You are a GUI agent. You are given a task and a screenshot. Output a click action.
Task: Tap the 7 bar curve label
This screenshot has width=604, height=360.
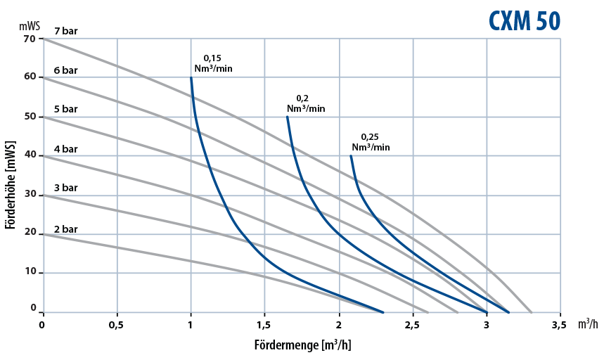(65, 31)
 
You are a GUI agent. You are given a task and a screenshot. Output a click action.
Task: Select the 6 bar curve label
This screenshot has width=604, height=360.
(65, 71)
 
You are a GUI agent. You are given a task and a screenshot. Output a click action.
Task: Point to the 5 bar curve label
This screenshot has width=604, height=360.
(65, 109)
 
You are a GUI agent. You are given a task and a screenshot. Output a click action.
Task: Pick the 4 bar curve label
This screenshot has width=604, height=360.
(65, 149)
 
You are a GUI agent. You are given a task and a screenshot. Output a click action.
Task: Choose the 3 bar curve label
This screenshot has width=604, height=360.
(65, 188)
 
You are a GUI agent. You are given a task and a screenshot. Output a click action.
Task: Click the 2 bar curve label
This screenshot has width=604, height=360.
(65, 229)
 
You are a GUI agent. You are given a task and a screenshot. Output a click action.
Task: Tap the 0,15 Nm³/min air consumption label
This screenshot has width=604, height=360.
(213, 63)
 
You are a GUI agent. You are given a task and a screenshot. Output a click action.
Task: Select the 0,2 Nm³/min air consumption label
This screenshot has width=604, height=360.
(306, 103)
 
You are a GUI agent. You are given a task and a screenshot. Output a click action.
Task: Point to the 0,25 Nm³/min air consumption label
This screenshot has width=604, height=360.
(371, 142)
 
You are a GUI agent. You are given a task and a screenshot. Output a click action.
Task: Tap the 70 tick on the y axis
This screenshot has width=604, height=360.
(29, 39)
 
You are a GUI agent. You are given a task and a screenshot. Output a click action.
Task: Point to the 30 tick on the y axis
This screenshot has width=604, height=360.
(29, 195)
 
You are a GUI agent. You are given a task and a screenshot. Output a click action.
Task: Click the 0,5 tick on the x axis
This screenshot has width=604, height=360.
(117, 325)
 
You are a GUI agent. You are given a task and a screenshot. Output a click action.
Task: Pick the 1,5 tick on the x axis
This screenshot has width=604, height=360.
(264, 325)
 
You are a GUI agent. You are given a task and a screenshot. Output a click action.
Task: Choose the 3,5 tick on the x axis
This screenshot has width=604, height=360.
(560, 325)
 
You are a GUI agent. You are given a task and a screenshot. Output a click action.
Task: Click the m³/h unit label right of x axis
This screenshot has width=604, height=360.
(588, 324)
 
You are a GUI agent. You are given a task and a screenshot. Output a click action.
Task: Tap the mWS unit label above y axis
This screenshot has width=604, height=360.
(30, 26)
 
